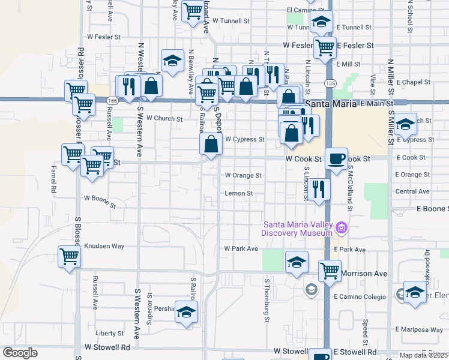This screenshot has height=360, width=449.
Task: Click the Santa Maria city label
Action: pyautogui.click(x=331, y=104)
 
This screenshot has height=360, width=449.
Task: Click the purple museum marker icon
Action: pyautogui.click(x=342, y=228)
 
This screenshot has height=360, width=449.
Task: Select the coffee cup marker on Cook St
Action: pyautogui.click(x=336, y=157)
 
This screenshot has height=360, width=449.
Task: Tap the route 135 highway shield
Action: pyautogui.click(x=330, y=83)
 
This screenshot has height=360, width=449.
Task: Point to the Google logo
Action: pyautogui.click(x=20, y=353)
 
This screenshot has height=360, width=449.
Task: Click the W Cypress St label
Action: pyautogui.click(x=244, y=139)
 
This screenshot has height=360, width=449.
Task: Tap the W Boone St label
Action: pyautogui.click(x=100, y=200)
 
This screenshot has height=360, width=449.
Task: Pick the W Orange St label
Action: pyautogui.click(x=243, y=175)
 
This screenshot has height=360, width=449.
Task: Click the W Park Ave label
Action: pyautogui.click(x=241, y=248)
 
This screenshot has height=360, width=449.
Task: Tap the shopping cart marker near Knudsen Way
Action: pyautogui.click(x=70, y=257)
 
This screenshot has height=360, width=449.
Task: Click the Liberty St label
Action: pyautogui.click(x=109, y=333)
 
